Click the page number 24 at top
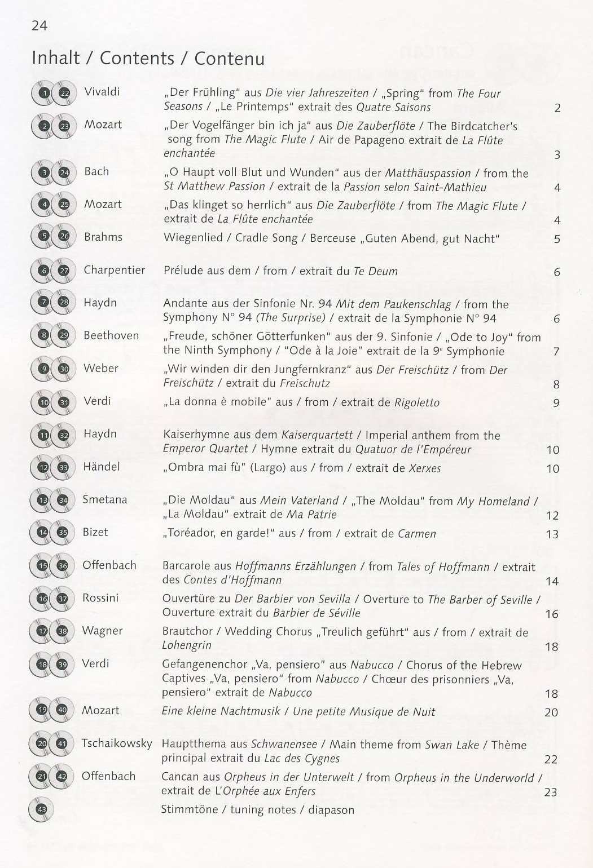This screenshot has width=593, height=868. tap(39, 25)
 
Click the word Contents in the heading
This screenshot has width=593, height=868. tap(137, 58)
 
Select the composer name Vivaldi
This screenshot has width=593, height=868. tap(102, 92)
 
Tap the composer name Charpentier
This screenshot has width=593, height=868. tap(114, 270)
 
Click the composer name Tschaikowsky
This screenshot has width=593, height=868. tap(117, 743)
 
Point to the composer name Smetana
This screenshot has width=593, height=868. tap(105, 499)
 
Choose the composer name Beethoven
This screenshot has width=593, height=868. tap(111, 335)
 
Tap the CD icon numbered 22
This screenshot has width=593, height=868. tap(64, 94)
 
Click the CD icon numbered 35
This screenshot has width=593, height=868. tap(63, 532)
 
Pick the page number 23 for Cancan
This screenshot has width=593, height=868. tap(551, 792)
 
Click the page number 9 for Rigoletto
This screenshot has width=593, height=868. tap(556, 403)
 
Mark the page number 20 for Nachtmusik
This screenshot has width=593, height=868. tap(551, 712)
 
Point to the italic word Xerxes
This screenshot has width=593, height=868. tap(425, 468)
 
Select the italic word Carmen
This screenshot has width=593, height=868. tap(416, 533)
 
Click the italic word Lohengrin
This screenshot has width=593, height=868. tap(187, 645)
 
